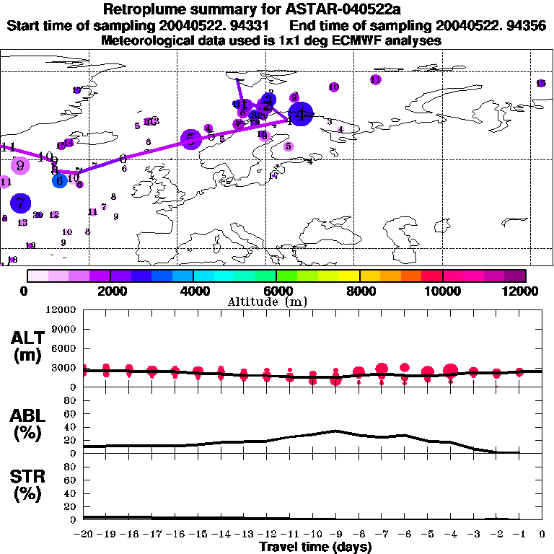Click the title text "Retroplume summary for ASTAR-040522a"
tap(277, 9)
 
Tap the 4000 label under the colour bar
tap(192, 291)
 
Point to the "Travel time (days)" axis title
tap(315, 547)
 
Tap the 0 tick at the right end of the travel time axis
tap(542, 535)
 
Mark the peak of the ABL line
tap(335, 431)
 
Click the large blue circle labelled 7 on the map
tap(21, 203)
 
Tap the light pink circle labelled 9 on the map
tap(20, 165)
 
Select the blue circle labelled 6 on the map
tap(60, 180)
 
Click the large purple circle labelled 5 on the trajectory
tap(190, 140)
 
